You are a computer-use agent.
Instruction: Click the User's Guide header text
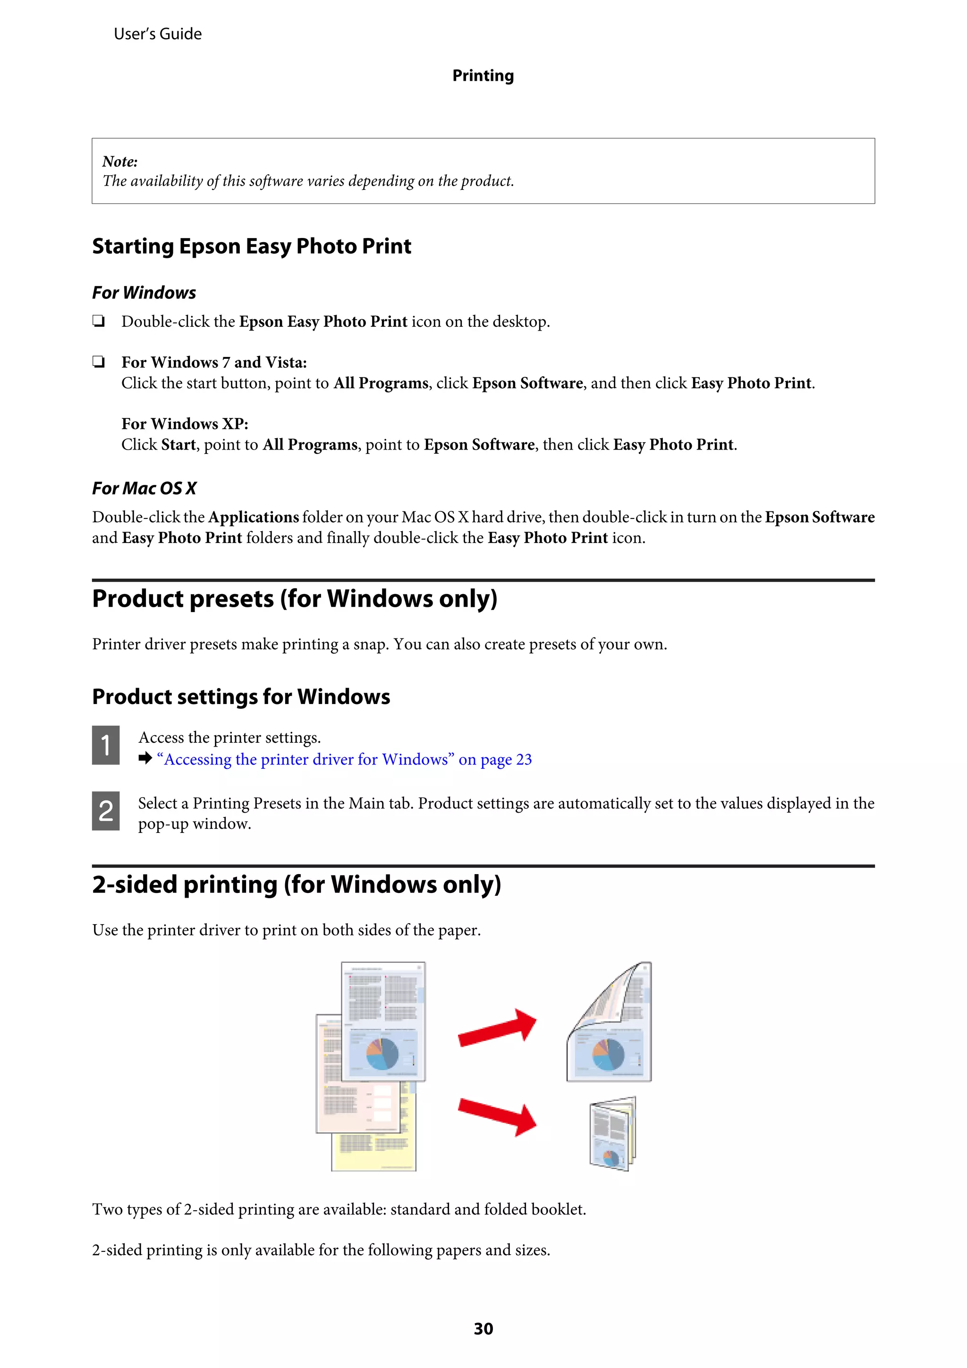click(157, 34)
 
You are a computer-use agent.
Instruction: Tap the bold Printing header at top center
click(483, 76)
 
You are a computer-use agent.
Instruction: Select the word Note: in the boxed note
click(120, 161)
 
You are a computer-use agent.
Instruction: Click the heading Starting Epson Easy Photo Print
click(252, 246)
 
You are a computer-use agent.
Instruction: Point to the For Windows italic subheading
click(144, 293)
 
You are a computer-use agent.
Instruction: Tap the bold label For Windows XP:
click(185, 424)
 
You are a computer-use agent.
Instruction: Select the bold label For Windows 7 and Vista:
click(214, 362)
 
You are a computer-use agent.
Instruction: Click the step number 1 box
click(105, 745)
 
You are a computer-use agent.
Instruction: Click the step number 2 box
click(105, 810)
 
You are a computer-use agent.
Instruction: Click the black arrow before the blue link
click(145, 758)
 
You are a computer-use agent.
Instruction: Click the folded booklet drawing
click(612, 1133)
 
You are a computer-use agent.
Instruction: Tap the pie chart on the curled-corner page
click(607, 1054)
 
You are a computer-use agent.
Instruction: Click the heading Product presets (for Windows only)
click(294, 599)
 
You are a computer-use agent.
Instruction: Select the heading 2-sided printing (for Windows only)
click(296, 885)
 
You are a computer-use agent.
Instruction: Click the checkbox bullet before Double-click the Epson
click(98, 321)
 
